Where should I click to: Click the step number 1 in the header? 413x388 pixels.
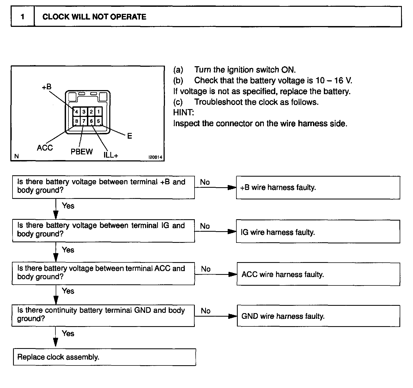click(x=23, y=17)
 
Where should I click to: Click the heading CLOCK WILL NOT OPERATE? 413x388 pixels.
click(x=94, y=17)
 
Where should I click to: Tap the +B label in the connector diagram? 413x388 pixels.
click(x=46, y=87)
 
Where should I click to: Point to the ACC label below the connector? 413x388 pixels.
click(x=45, y=148)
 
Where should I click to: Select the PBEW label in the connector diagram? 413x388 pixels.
click(x=82, y=152)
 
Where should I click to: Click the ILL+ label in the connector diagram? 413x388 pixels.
click(x=111, y=155)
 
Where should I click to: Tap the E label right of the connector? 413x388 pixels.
click(x=130, y=136)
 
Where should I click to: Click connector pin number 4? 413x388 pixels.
click(x=77, y=112)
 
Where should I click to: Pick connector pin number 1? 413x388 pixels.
click(x=98, y=112)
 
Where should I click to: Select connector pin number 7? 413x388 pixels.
click(x=84, y=121)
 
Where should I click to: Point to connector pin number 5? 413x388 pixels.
click(x=98, y=121)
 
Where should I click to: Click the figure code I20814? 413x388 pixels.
click(x=155, y=157)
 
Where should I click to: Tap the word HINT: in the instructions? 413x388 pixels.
click(x=184, y=113)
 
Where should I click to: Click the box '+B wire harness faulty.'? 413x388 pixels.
click(x=318, y=187)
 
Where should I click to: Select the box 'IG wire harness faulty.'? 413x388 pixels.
click(x=318, y=232)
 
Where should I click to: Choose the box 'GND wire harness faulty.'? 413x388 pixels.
click(x=318, y=316)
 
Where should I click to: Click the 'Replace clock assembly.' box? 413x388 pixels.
click(x=104, y=357)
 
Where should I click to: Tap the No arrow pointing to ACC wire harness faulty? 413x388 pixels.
click(x=216, y=274)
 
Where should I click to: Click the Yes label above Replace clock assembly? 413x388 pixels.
click(x=68, y=333)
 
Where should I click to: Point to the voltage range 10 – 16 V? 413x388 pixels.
click(x=334, y=81)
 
